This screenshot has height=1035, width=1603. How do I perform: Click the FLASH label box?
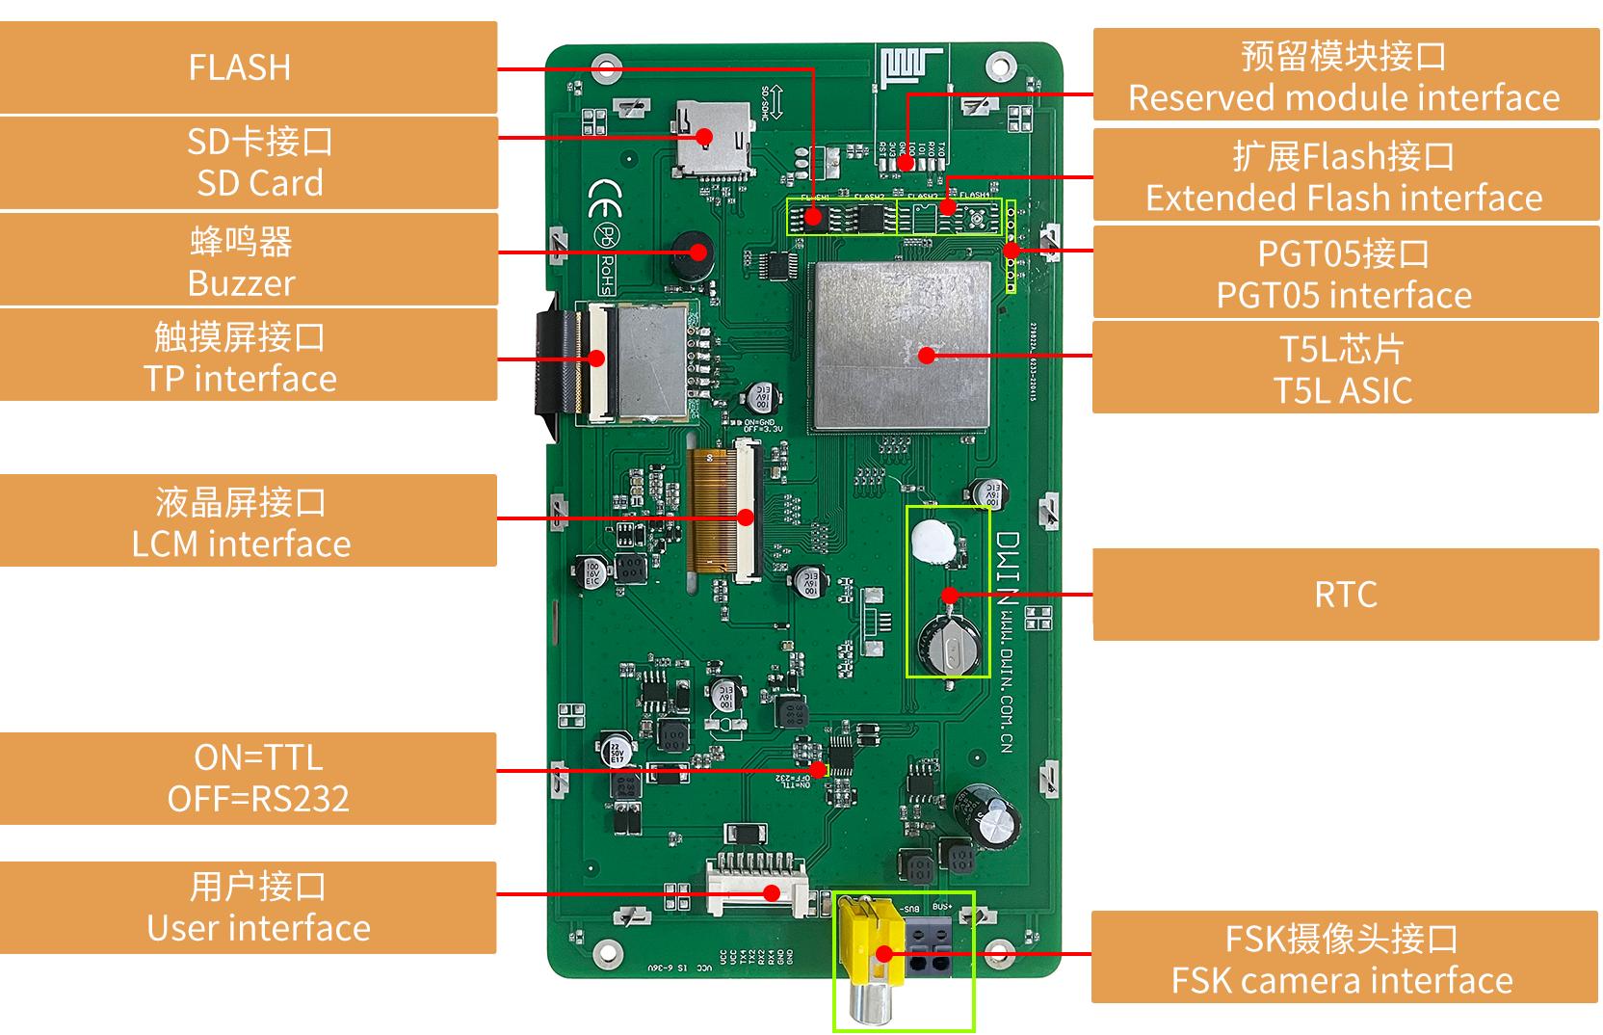(248, 67)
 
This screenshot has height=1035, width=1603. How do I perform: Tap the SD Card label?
(248, 162)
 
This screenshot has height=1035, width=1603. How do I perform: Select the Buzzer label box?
(248, 261)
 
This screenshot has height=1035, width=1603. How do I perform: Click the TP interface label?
(248, 357)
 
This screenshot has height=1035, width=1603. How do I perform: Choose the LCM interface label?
(248, 521)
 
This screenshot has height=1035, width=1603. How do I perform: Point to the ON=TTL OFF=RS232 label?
(248, 778)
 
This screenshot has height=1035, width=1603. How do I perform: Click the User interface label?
(248, 907)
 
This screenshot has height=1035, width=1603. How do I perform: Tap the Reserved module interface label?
(1345, 76)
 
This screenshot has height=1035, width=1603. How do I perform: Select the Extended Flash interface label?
(1345, 176)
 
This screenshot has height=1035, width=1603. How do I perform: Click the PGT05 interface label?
(1345, 274)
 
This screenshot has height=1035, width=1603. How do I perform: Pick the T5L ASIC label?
(1345, 369)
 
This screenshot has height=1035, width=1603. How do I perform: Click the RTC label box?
(1345, 595)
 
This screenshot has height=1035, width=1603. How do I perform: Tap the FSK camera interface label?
(1345, 959)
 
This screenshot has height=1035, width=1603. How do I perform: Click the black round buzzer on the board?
(689, 255)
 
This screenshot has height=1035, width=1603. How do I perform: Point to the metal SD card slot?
(711, 140)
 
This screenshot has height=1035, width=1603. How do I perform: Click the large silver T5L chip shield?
(903, 344)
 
